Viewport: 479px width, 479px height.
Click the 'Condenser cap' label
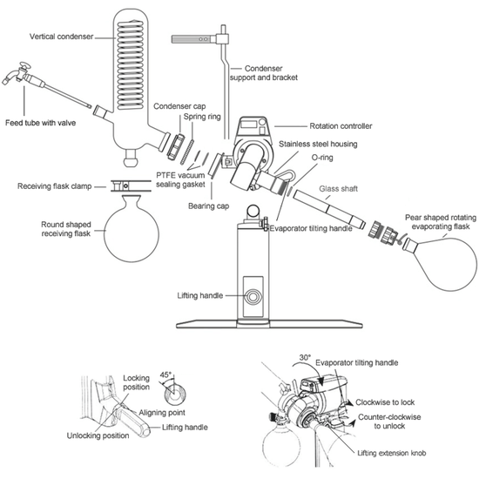pos(179,106)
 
